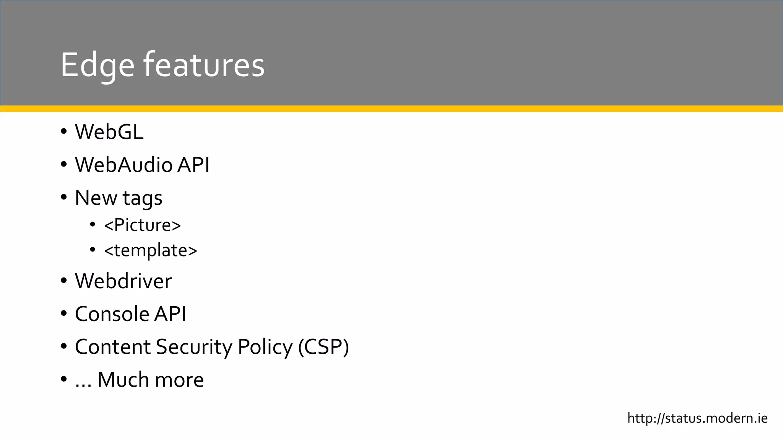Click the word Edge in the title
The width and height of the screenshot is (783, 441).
(x=97, y=65)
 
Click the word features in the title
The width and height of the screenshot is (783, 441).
(x=204, y=65)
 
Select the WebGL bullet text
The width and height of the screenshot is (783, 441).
(x=109, y=132)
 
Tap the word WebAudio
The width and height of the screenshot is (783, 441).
(x=123, y=165)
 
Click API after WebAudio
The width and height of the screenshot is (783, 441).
(x=193, y=165)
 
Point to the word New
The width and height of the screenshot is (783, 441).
(x=96, y=198)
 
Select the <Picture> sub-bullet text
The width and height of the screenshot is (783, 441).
(x=142, y=225)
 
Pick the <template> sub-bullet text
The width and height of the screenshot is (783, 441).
(x=150, y=251)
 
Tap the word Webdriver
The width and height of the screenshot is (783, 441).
(x=123, y=281)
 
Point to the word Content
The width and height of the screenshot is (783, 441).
(x=113, y=347)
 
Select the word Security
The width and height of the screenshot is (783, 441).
(x=194, y=348)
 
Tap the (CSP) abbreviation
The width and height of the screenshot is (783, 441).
(x=323, y=347)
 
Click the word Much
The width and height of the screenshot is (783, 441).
(x=123, y=380)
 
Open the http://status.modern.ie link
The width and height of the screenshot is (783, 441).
(x=697, y=418)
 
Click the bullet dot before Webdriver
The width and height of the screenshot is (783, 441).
(x=64, y=281)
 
